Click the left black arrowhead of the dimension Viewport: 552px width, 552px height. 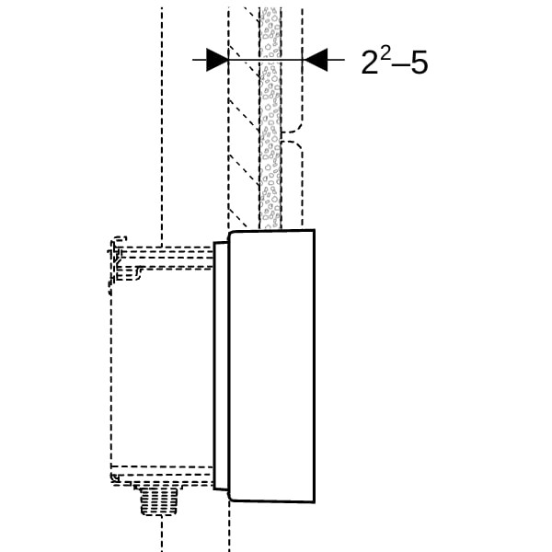click(217, 60)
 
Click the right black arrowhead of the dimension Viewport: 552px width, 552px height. click(316, 60)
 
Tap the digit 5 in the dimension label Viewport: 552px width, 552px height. click(420, 63)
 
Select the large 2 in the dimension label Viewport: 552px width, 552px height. click(370, 63)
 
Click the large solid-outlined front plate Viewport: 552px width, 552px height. click(271, 365)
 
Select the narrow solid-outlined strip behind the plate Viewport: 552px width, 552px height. click(221, 365)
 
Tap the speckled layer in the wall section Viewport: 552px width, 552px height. click(270, 116)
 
